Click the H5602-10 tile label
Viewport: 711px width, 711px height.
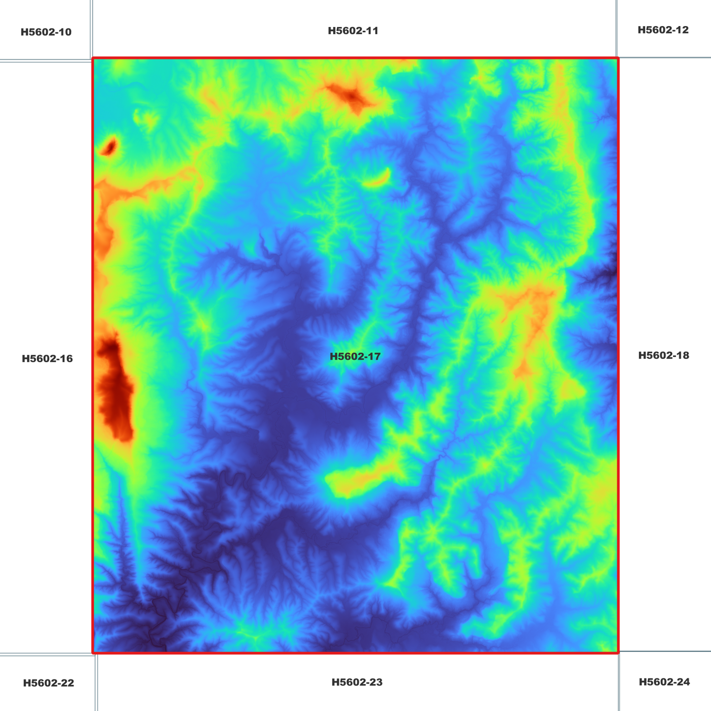pos(46,32)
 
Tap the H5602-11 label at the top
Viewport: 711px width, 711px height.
pos(353,31)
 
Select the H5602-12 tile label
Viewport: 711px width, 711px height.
pos(663,30)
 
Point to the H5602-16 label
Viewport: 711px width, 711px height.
pos(47,359)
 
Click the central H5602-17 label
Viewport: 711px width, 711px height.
pos(355,357)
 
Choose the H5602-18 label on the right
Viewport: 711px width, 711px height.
pos(663,355)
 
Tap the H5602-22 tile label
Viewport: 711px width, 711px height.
pos(48,683)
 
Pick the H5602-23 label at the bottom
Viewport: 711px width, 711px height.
pos(357,682)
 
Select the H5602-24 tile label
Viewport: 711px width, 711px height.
pos(664,682)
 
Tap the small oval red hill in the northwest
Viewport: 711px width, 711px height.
pos(109,147)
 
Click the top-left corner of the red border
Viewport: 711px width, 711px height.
pos(93,59)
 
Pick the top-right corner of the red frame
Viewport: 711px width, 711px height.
pos(618,59)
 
